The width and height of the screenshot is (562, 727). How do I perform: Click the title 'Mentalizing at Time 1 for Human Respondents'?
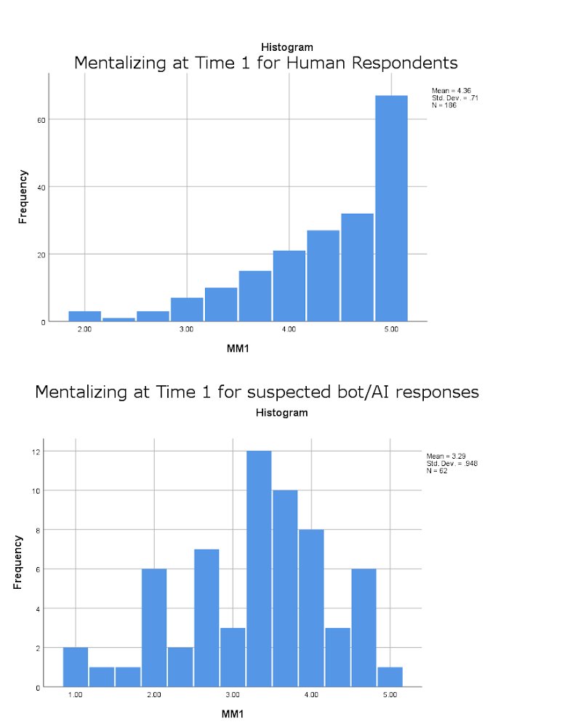pos(266,63)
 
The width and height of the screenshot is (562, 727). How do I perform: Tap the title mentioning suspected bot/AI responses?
pos(257,393)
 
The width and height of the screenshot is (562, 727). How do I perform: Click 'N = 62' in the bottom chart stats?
pos(438,470)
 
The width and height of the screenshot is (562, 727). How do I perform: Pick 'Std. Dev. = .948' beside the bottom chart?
pos(452,463)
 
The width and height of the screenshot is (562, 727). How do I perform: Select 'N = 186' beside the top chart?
pos(444,105)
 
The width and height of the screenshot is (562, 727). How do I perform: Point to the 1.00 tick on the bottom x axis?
pos(74,696)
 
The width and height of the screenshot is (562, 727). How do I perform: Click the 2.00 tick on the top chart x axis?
pos(84,330)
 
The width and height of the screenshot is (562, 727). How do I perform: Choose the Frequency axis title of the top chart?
pos(23,196)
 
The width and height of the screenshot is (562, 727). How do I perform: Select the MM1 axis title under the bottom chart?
pos(232,714)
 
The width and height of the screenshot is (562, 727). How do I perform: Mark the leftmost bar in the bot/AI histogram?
pos(76,667)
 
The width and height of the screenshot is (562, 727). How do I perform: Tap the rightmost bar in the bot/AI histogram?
pos(390,677)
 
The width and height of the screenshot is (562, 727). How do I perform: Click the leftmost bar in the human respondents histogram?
pos(84,316)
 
